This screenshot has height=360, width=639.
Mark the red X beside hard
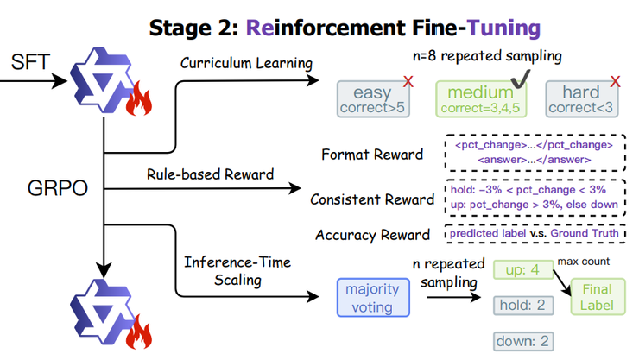pos(615,82)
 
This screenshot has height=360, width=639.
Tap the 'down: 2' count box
pos(522,339)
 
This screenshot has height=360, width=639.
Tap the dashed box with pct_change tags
pos(531,153)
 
